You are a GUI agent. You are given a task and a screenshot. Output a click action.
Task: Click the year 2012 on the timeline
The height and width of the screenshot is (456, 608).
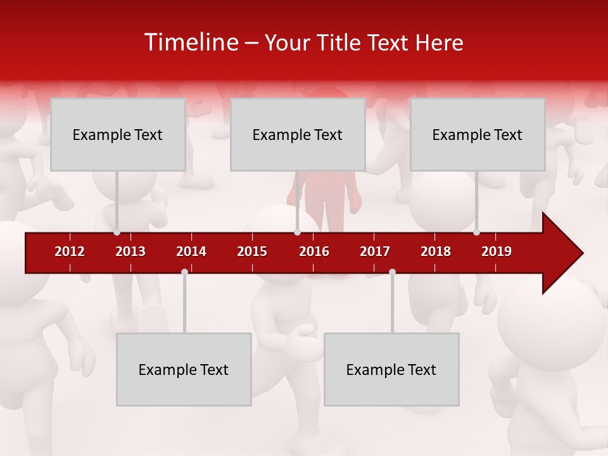point(70,251)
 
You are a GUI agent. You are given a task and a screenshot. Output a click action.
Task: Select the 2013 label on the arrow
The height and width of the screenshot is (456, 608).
point(130,251)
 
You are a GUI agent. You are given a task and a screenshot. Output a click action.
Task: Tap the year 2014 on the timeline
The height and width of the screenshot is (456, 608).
point(191,251)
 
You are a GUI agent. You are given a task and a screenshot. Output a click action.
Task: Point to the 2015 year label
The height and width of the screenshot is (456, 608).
point(252,251)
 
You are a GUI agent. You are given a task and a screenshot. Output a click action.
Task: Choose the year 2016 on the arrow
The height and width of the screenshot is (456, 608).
point(314,251)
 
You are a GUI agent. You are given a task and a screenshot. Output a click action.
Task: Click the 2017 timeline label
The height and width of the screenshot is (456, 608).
point(375,251)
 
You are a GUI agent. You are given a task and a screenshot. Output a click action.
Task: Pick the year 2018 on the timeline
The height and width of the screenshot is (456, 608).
point(436,251)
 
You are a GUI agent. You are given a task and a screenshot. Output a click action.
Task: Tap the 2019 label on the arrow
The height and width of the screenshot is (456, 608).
point(497,251)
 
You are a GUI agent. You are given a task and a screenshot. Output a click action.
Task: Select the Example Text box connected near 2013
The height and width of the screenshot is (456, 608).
point(118,134)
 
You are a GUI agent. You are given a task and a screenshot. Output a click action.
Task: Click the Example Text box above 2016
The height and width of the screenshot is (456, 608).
point(298,134)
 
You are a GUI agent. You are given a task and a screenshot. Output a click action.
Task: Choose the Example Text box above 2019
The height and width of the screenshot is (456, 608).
point(478,134)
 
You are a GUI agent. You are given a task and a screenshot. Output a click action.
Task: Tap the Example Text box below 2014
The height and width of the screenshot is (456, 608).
point(184,369)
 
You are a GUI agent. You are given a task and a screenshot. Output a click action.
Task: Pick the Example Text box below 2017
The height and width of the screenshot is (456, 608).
point(391,369)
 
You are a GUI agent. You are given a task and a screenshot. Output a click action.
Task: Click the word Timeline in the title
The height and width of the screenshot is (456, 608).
point(191,42)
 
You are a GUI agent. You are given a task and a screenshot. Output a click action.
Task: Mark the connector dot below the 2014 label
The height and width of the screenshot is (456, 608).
point(184,272)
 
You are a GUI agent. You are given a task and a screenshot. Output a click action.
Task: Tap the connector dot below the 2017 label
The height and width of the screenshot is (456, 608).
point(392,272)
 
